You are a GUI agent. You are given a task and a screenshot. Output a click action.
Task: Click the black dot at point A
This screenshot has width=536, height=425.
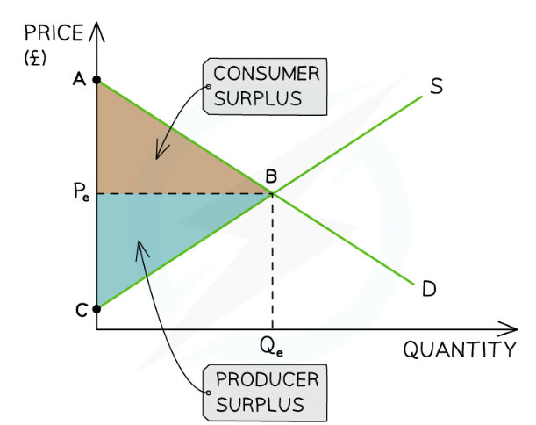(97, 81)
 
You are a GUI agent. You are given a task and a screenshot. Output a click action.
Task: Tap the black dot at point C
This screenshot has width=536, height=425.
(97, 306)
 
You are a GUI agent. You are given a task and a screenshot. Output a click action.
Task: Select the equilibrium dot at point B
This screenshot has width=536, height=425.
(272, 193)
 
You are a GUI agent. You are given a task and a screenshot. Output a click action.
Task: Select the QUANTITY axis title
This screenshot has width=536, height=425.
(460, 350)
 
